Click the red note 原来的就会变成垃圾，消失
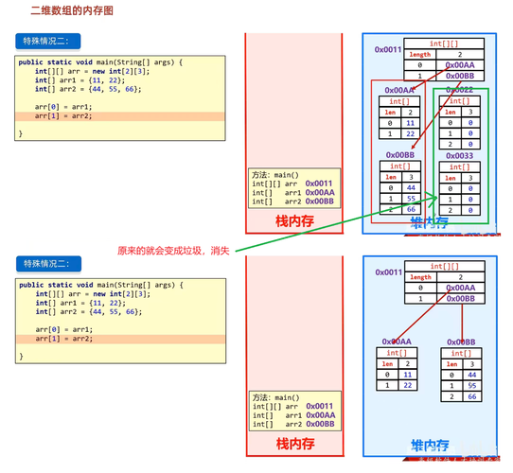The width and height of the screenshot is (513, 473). tap(173, 250)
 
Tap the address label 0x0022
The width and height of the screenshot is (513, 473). tap(458, 89)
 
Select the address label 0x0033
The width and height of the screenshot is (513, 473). tap(458, 156)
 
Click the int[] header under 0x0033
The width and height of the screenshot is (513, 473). tap(457, 166)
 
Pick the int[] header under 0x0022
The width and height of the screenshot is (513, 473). tap(457, 100)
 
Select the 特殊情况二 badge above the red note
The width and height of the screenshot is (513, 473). tap(46, 41)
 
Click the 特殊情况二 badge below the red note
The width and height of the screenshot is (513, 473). tap(46, 264)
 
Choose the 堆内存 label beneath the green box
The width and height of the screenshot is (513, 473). tap(429, 221)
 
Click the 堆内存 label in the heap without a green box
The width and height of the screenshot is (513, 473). tap(429, 444)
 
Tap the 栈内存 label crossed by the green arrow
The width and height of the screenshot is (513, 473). tap(294, 221)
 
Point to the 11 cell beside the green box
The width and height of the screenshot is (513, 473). tap(408, 123)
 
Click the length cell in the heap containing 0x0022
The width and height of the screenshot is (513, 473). tap(420, 55)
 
